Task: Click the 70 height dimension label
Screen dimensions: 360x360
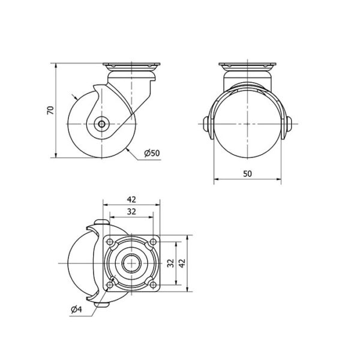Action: [x=50, y=110]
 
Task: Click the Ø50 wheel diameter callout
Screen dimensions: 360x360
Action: [x=152, y=153]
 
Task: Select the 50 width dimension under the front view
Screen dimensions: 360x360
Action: [x=247, y=174]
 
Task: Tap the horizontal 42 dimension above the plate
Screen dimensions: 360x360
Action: [x=131, y=200]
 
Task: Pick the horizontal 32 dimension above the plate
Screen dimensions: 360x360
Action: [x=131, y=211]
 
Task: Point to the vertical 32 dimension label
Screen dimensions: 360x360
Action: [x=170, y=263]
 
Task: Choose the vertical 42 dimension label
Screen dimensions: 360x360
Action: [x=182, y=263]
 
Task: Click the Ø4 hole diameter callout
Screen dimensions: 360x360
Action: [x=76, y=310]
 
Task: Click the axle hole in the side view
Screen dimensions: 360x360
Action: [x=101, y=124]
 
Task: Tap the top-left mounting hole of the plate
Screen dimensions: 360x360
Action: [x=110, y=242]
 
